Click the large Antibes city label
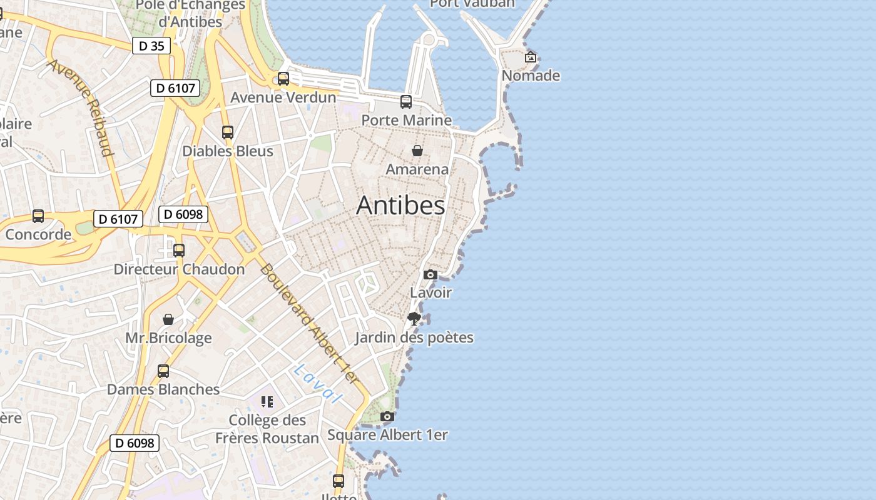point(400,206)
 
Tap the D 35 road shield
point(151,46)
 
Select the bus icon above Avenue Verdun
point(283,79)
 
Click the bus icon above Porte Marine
point(406,101)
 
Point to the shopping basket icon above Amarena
point(417,151)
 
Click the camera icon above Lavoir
point(430,274)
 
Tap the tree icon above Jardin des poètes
point(414,319)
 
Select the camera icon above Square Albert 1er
point(387,416)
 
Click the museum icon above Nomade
point(531,57)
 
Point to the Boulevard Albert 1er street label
point(310,324)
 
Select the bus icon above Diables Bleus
point(228,132)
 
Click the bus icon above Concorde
point(38,216)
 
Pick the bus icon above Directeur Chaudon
point(179,251)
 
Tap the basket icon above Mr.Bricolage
point(168,319)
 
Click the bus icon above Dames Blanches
point(163,371)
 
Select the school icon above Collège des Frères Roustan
point(267,401)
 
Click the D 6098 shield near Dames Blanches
point(135,443)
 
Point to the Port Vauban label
point(472,3)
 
